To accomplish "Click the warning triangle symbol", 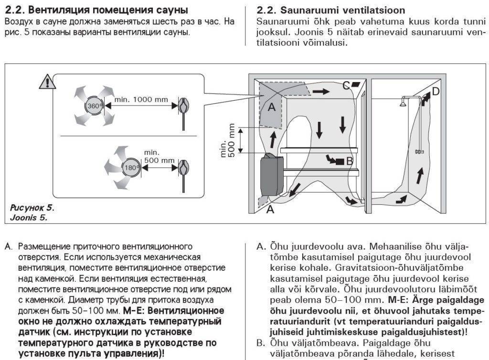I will tap(48, 82).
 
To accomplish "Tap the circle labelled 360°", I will tap(94, 106).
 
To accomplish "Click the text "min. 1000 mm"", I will tap(141, 99).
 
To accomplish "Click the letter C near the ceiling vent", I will tap(346, 86).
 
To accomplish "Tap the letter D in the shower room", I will tap(435, 91).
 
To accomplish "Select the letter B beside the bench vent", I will tap(349, 161).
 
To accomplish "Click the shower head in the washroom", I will tap(404, 102).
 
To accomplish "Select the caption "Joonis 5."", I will tap(29, 218).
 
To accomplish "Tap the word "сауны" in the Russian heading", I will tap(171, 10).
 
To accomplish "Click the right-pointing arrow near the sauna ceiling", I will tap(321, 91).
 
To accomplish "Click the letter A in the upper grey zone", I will tap(271, 107).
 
